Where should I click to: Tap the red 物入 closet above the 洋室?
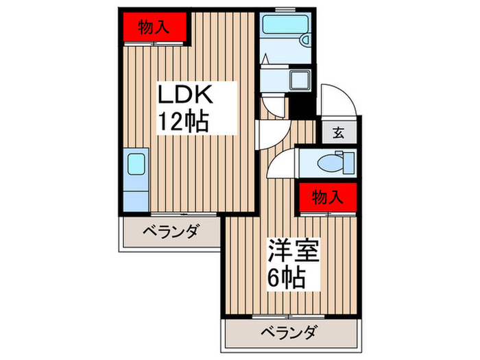pyautogui.click(x=327, y=197)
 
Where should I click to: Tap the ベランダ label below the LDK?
pyautogui.click(x=170, y=231)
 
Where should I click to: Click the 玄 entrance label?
pyautogui.click(x=338, y=133)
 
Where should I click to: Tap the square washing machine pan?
pyautogui.click(x=300, y=81)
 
